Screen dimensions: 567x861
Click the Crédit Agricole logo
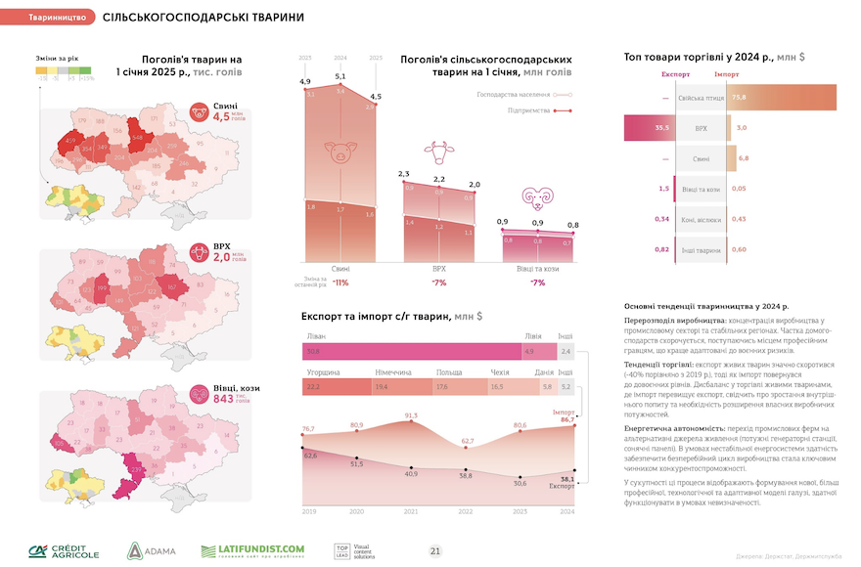(64, 550)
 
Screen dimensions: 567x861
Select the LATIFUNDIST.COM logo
(252, 551)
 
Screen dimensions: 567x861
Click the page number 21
(435, 551)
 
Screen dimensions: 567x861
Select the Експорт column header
(676, 74)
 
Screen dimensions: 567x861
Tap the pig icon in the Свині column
(340, 153)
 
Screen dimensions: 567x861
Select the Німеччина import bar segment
(395, 388)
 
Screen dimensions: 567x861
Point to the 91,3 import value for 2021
(411, 416)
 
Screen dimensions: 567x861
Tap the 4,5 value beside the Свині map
(221, 116)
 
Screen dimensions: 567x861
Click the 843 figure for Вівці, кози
(221, 398)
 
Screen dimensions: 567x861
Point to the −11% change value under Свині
(340, 282)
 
